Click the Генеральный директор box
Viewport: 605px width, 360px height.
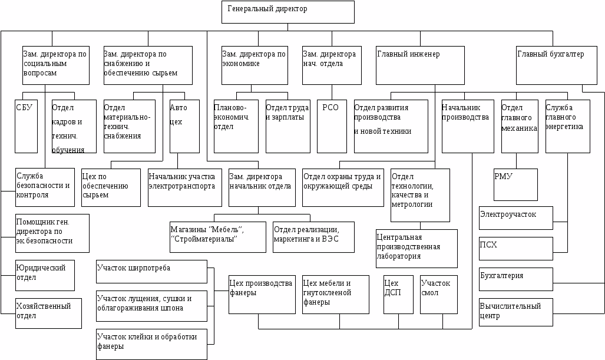click(x=287, y=12)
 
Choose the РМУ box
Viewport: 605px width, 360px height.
click(x=515, y=184)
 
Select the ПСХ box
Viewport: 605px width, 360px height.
click(x=515, y=248)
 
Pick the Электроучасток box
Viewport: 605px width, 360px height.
click(x=515, y=217)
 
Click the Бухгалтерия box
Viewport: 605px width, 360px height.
click(x=515, y=279)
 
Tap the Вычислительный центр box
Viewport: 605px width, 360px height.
click(x=515, y=312)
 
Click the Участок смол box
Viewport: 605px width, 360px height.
click(x=438, y=294)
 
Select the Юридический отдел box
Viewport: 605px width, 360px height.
click(x=45, y=275)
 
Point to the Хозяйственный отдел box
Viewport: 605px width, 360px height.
click(x=48, y=313)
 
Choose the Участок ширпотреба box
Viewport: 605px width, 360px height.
click(x=151, y=272)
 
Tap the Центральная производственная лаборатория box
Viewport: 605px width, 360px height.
click(x=416, y=248)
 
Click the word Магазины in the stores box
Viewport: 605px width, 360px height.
click(x=188, y=229)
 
